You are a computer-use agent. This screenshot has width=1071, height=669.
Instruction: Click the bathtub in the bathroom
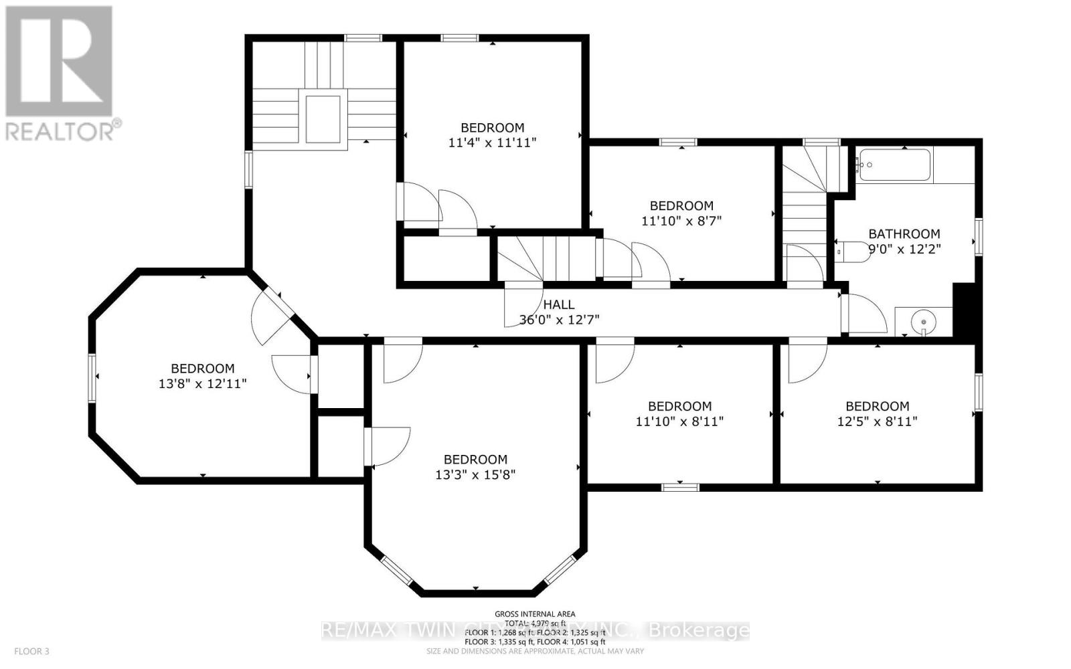coord(895,165)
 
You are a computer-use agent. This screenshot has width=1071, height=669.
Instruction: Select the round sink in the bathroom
coord(924,322)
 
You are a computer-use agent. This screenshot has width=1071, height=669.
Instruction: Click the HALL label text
coord(558,304)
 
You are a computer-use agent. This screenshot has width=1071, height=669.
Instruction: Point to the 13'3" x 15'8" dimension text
coord(475,475)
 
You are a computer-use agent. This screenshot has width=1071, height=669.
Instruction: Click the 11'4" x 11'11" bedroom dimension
coord(493,142)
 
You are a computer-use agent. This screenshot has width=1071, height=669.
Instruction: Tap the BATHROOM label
coord(904,233)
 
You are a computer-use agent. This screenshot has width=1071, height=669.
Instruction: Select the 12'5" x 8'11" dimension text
coord(877,421)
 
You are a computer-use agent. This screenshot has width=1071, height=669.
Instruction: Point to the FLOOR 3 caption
coord(31,651)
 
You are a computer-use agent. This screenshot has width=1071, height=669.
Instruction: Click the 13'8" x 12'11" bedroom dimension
coord(203,384)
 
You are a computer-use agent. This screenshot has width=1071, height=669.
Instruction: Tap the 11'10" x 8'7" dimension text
coord(681,221)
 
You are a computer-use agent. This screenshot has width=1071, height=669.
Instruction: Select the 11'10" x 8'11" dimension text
coord(679,421)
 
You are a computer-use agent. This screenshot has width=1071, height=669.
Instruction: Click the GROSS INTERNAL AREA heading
coord(534,613)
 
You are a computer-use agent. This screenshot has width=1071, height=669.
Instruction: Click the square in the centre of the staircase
coord(323,119)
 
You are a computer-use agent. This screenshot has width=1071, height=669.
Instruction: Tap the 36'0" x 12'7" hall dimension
coord(559,320)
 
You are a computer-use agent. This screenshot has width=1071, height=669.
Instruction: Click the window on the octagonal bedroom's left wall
coord(92,378)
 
